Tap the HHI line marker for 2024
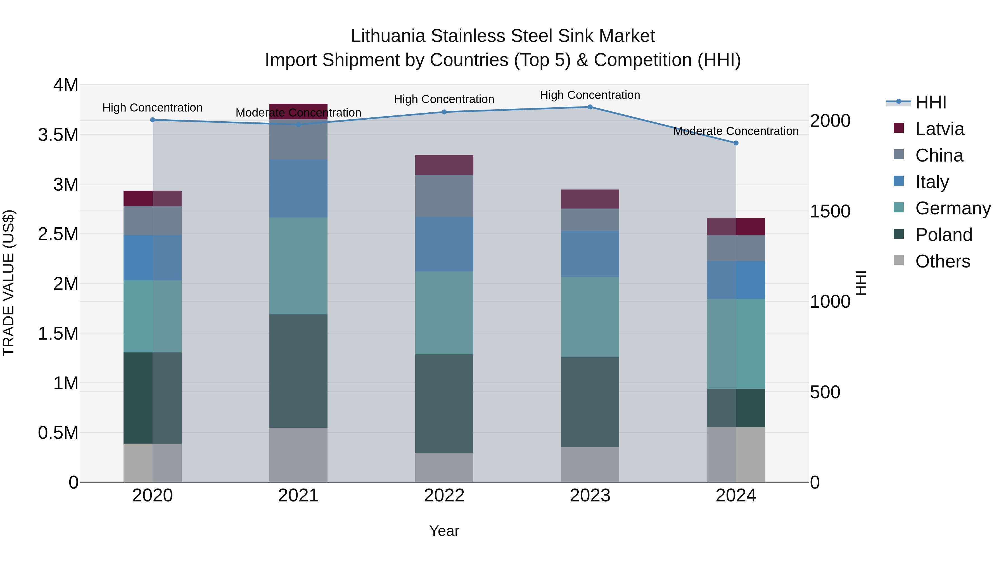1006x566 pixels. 736,143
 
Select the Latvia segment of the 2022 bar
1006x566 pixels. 444,165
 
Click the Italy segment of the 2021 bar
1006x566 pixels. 298,188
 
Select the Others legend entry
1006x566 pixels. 942,261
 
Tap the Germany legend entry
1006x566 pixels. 953,208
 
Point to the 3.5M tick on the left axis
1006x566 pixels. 58,135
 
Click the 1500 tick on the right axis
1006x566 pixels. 830,211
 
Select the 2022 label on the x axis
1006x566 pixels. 444,496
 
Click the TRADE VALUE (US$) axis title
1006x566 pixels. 9,283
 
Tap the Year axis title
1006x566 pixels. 444,531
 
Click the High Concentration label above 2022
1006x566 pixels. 444,99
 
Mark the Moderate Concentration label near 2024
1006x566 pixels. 736,131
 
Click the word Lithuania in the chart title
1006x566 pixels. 388,36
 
